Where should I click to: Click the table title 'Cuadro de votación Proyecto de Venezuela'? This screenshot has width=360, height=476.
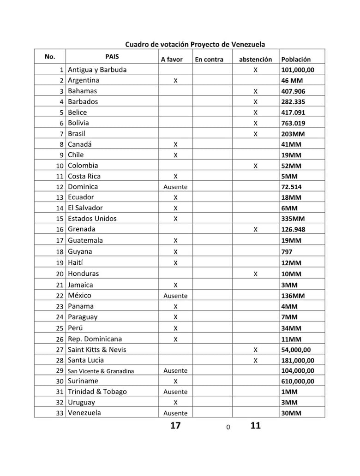(x=195, y=44)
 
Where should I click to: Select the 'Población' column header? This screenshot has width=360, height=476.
(x=296, y=59)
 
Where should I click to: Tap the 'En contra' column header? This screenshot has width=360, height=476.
(x=209, y=59)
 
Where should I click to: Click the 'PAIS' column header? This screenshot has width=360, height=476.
(x=112, y=56)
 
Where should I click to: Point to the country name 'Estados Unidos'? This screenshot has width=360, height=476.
(x=92, y=219)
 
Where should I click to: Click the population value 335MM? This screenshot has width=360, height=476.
(x=291, y=219)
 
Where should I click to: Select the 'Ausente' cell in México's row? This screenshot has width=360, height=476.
(x=175, y=296)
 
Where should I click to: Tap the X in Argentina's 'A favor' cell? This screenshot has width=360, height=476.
(x=175, y=81)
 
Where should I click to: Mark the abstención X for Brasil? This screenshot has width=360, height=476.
(x=255, y=134)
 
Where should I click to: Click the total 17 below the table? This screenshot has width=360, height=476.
(x=175, y=426)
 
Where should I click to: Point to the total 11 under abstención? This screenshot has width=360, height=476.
(x=255, y=426)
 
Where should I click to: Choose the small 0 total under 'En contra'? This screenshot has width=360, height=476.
(x=228, y=428)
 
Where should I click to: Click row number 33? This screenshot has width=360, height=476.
(x=59, y=413)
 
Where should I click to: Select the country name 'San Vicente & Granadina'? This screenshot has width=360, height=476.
(x=101, y=371)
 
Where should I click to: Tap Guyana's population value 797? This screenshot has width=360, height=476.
(x=287, y=252)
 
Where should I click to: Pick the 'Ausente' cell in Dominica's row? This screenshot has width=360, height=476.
(x=175, y=187)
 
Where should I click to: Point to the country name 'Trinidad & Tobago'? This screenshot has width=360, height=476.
(x=97, y=392)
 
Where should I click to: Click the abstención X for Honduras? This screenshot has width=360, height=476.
(x=255, y=274)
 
